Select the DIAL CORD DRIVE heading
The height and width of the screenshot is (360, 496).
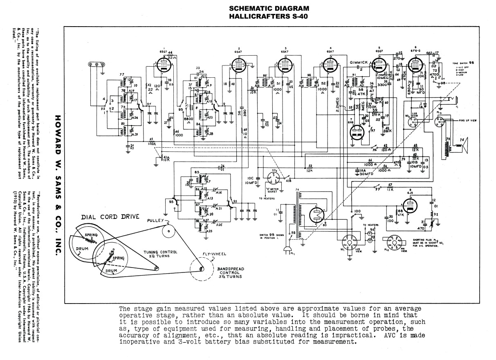(x=105, y=217)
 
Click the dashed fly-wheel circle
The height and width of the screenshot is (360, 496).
(x=202, y=268)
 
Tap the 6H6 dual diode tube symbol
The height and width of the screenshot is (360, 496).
(x=357, y=132)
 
